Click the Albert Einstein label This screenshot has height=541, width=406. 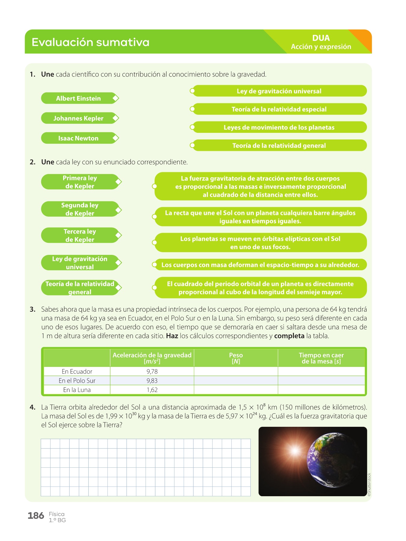(x=78, y=98)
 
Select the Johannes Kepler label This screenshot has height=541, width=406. (x=78, y=118)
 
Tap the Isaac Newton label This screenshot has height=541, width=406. (x=78, y=138)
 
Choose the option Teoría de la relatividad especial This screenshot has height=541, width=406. (x=279, y=109)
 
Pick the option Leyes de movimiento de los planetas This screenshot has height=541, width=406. (x=279, y=127)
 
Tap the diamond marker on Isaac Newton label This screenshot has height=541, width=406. (x=115, y=138)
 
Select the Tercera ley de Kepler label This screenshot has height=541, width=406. (x=80, y=235)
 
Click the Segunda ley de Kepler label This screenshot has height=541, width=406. (x=80, y=209)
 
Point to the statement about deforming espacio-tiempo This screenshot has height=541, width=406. (x=260, y=265)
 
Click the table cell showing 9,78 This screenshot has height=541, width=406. (x=152, y=371)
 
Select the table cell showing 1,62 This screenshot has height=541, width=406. (x=152, y=390)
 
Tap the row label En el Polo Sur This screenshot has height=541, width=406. (x=77, y=381)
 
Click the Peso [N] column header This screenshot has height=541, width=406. (x=236, y=358)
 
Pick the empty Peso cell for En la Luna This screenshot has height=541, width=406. (x=236, y=390)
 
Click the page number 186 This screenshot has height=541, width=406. (x=36, y=516)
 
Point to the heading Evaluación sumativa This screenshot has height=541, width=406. (x=91, y=42)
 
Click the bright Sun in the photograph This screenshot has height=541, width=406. (x=295, y=451)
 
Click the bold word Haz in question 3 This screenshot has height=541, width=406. (x=172, y=336)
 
